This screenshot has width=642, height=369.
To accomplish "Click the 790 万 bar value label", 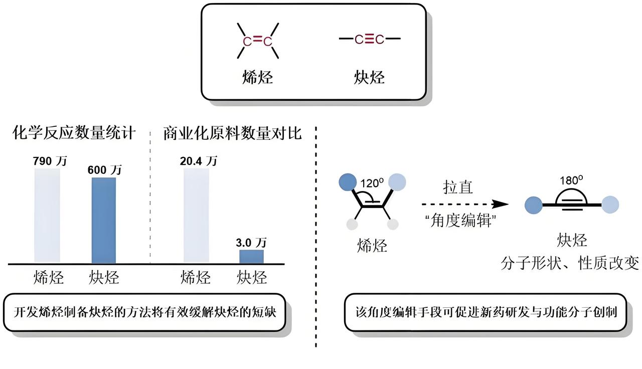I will coord(49,161).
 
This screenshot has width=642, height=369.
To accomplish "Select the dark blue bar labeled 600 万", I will coord(104,221).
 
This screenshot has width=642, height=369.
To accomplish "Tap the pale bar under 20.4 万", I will coord(196,216).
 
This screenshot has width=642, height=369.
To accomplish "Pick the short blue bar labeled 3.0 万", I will coord(251,257).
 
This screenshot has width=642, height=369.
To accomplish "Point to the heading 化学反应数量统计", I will coord(74,133).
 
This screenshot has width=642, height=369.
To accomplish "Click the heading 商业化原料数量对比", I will coord(232,133).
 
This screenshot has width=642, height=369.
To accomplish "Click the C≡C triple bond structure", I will coord(370,39).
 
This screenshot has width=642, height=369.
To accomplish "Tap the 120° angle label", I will coord(372,182).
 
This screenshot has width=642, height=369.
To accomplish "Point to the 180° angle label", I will coord(572,180).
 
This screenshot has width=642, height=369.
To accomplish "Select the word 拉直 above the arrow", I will coord(458,187).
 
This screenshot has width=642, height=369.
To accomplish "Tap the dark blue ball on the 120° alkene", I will coord(348,181).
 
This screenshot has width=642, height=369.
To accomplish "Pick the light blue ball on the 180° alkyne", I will coord(610,205).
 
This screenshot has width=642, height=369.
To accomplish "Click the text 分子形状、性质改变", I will coord(570,263).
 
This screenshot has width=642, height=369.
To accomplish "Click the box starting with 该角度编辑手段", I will coord(486,312).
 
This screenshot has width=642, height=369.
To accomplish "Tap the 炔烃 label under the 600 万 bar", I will coord(104,277).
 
